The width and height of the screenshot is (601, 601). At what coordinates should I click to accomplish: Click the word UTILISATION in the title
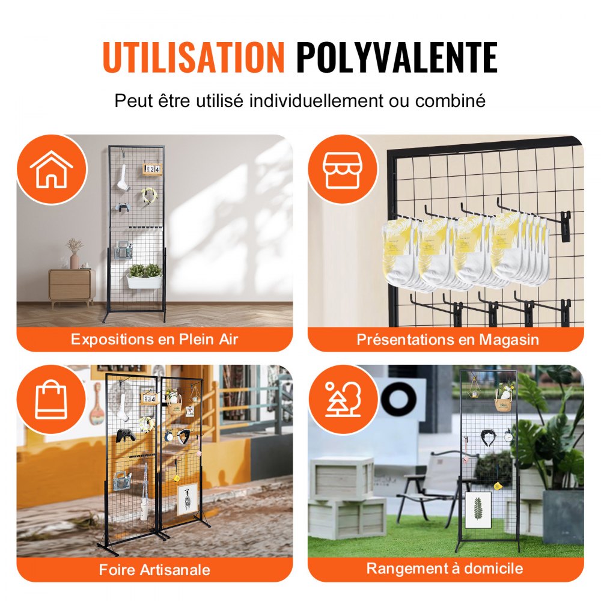click(193, 58)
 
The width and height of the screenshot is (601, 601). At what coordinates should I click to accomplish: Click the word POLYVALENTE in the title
click(397, 58)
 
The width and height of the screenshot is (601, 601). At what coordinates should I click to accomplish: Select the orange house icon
click(51, 169)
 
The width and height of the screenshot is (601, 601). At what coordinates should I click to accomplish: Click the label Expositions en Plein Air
click(154, 339)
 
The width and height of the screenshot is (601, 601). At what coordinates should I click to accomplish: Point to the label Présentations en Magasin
click(447, 339)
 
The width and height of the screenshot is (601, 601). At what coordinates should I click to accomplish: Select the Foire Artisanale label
click(154, 569)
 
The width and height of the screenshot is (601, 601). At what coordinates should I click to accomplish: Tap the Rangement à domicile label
click(445, 568)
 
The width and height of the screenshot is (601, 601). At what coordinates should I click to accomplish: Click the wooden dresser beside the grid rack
click(72, 286)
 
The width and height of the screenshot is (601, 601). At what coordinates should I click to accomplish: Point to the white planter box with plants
click(144, 280)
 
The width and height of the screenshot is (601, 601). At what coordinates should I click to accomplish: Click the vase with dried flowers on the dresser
click(75, 255)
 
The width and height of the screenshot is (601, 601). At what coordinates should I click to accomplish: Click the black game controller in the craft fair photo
click(125, 435)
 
